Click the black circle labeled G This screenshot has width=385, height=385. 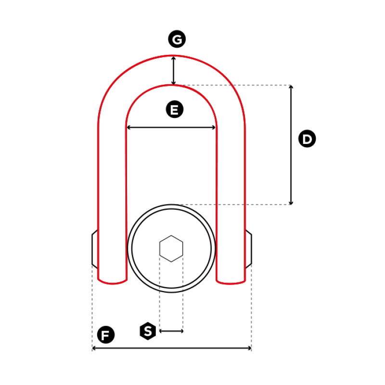(x=177, y=39)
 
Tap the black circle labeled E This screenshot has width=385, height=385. (x=175, y=109)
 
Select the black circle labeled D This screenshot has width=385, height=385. (x=307, y=139)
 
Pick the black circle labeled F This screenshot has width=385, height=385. (x=106, y=334)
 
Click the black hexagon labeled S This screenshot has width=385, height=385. (x=148, y=331)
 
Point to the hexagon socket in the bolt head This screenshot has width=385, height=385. (x=171, y=248)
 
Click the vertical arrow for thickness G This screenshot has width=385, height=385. (x=173, y=71)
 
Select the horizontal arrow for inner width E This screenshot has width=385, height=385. (x=171, y=128)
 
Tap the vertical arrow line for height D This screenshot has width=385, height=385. (x=291, y=145)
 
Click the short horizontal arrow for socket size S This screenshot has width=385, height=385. (x=171, y=331)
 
